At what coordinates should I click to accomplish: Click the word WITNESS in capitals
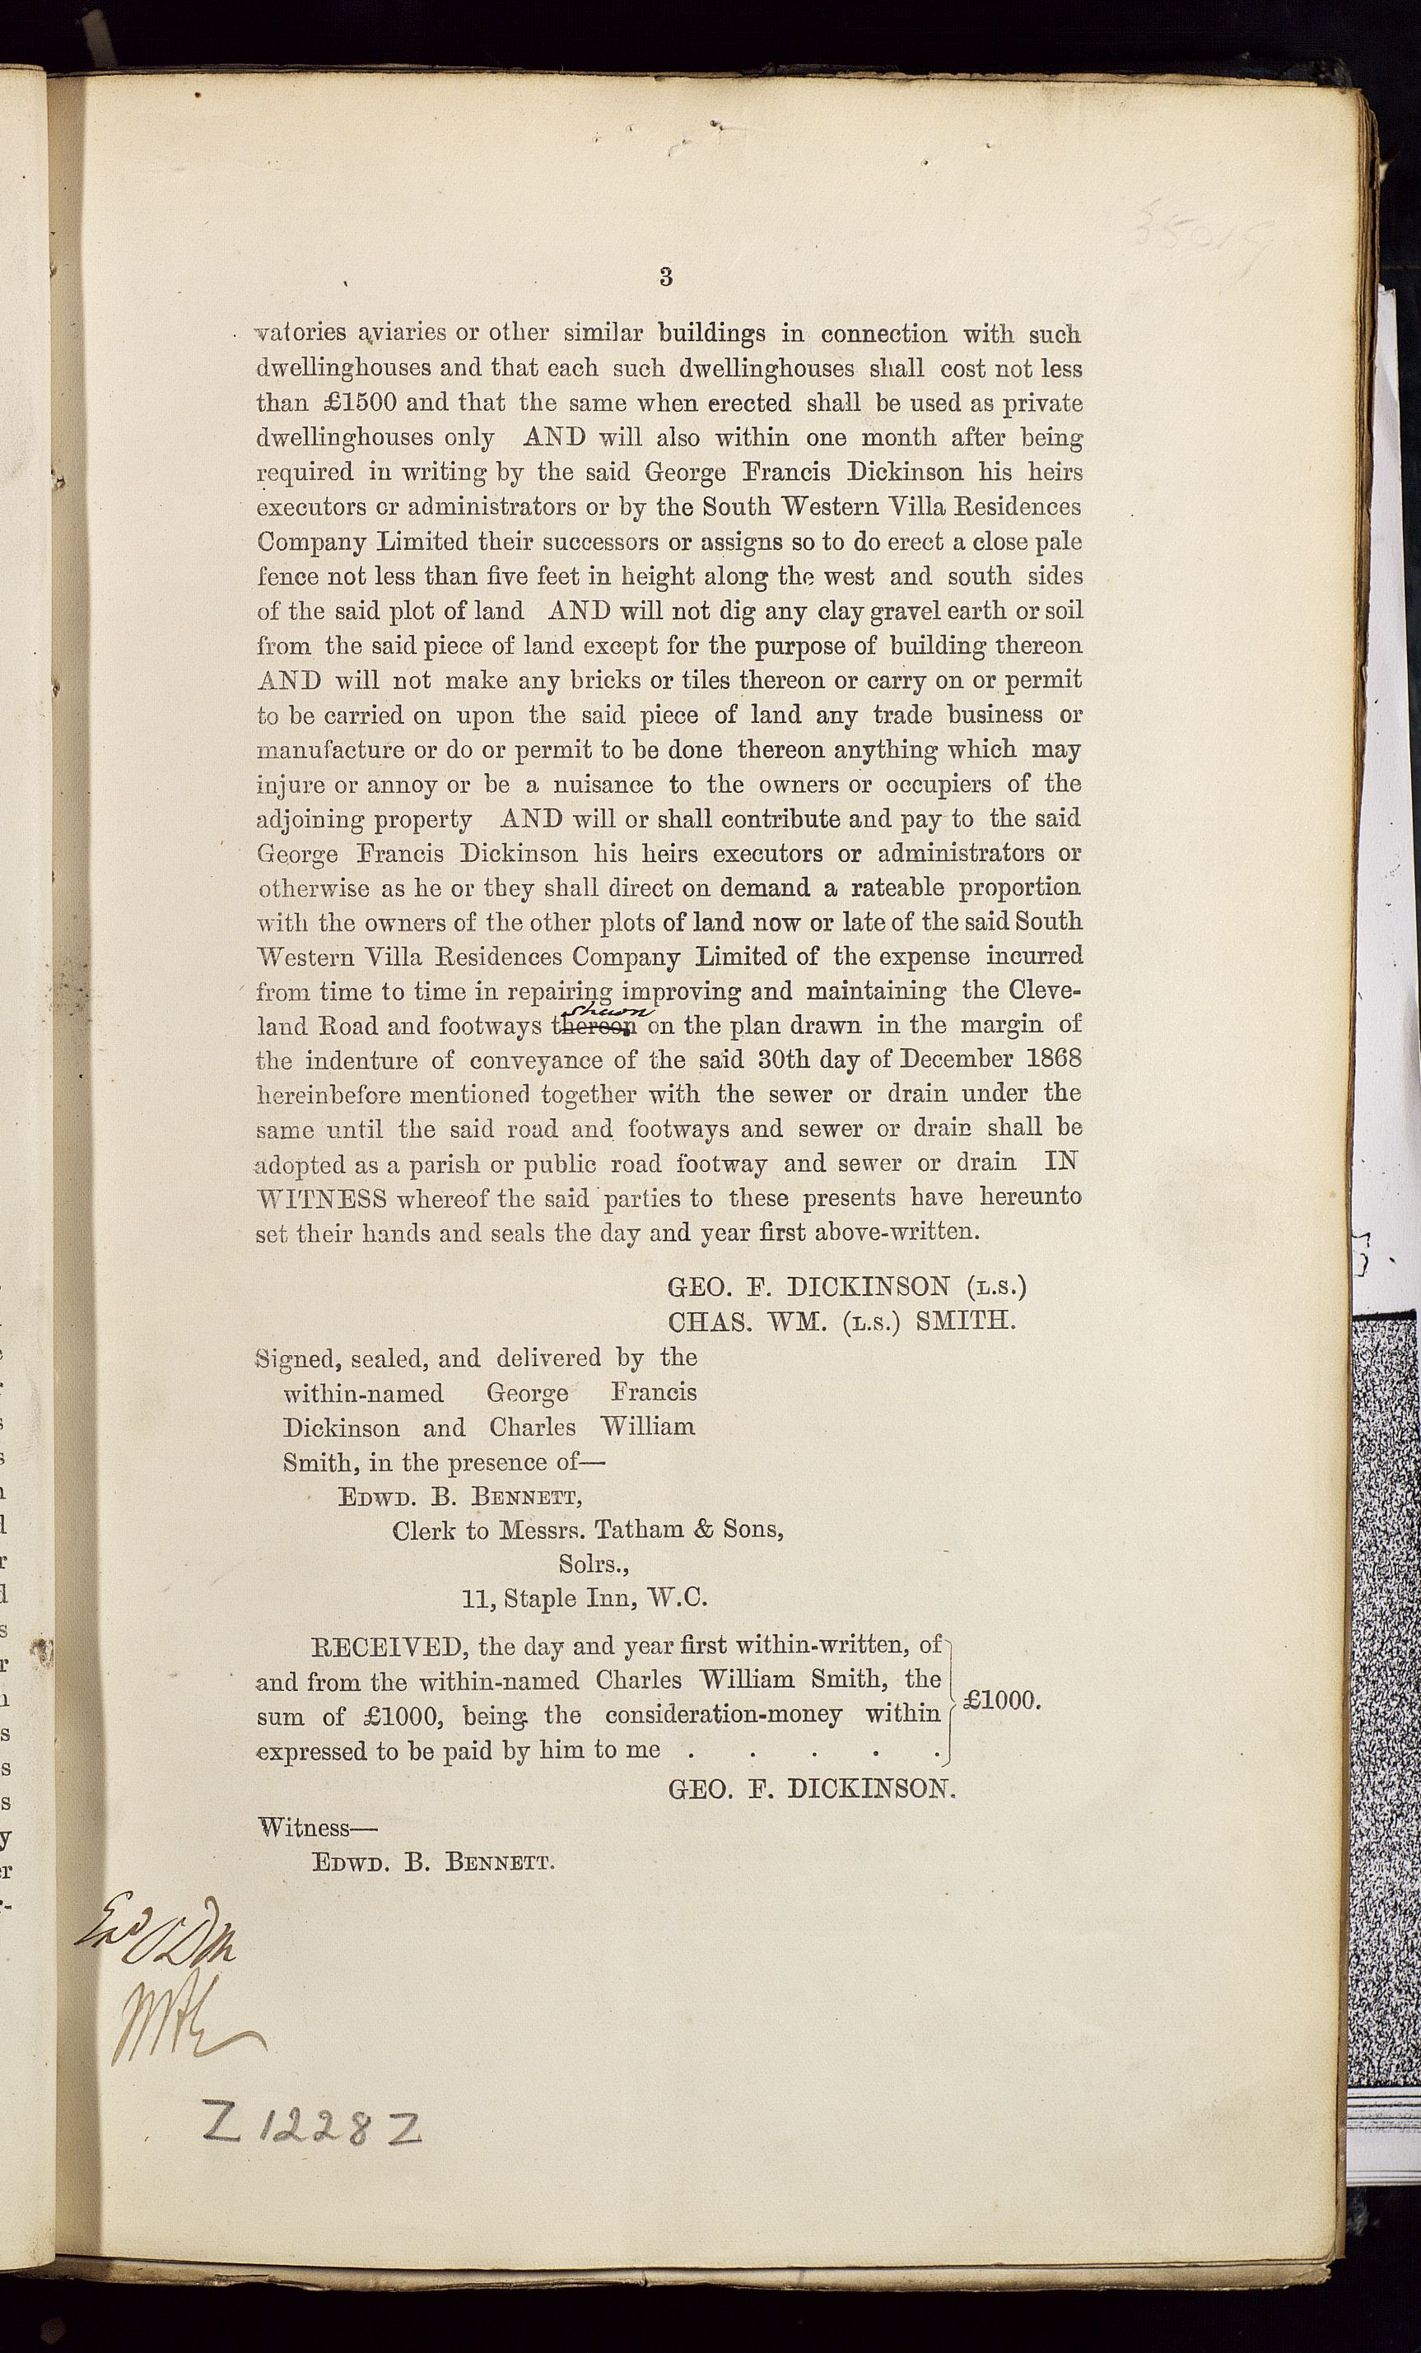[321, 1199]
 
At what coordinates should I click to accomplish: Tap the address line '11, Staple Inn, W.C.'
[585, 1599]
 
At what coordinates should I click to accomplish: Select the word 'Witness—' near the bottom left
[318, 1828]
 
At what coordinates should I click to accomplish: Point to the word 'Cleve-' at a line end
[1044, 990]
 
